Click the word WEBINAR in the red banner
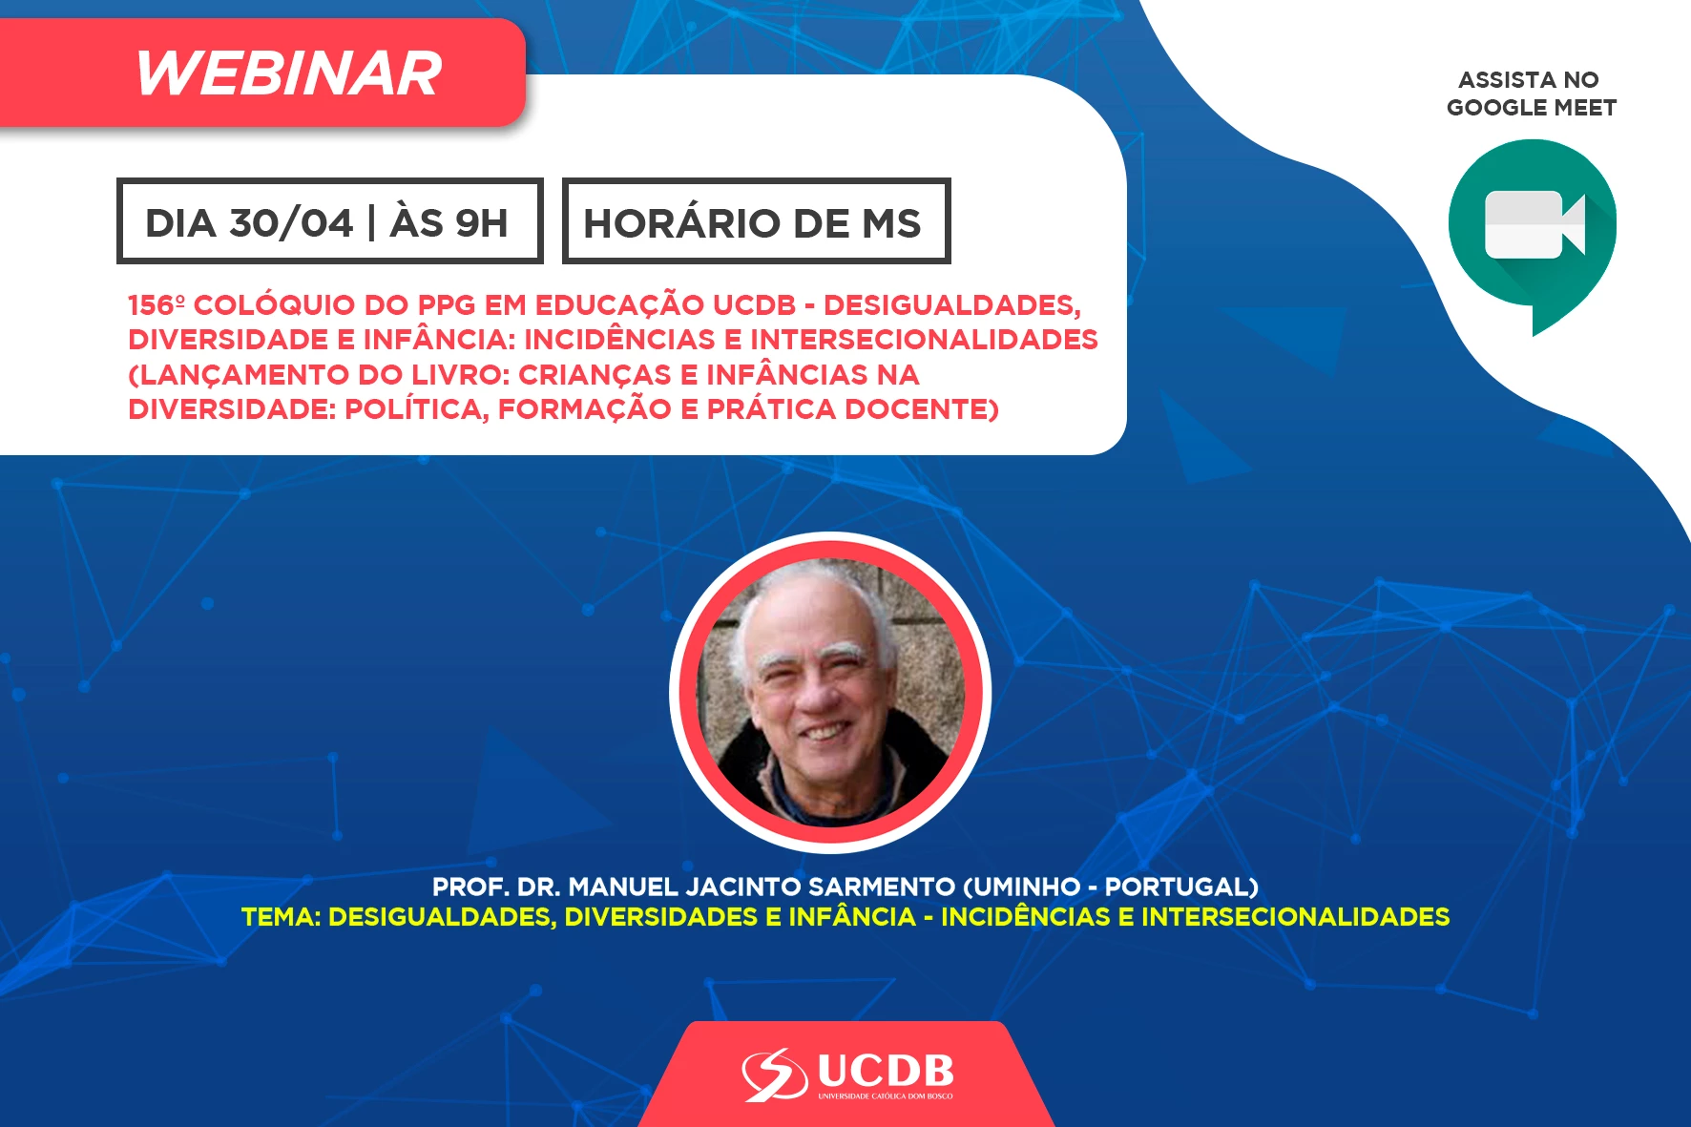coord(289,73)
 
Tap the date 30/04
coord(292,223)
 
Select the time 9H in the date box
coord(481,223)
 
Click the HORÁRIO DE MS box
coord(756,220)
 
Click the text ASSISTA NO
coord(1529,80)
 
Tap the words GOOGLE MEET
coord(1532,108)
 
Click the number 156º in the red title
coord(157,305)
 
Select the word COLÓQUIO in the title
coord(274,305)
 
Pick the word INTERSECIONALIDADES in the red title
coord(924,340)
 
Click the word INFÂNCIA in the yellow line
coord(852,917)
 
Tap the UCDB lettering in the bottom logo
coord(886,1072)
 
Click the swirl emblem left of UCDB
coord(775,1075)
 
